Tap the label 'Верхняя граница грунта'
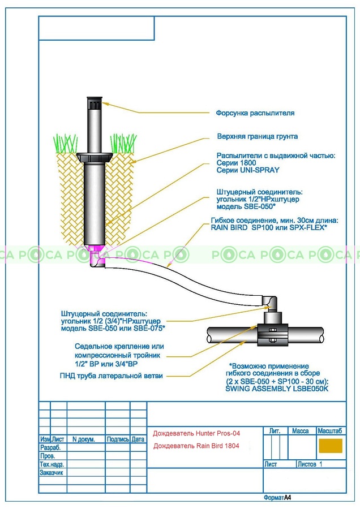(x=258, y=137)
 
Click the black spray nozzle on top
(x=95, y=103)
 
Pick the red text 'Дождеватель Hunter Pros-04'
(x=196, y=433)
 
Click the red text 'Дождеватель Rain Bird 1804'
(x=196, y=446)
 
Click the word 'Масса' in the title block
(x=300, y=431)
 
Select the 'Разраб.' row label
(x=50, y=447)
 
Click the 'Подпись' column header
(x=118, y=439)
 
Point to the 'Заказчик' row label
(x=51, y=472)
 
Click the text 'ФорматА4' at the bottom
(x=277, y=498)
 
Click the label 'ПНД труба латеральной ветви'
(x=111, y=376)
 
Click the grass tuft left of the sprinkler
(x=66, y=143)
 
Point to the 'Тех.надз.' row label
(x=51, y=464)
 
